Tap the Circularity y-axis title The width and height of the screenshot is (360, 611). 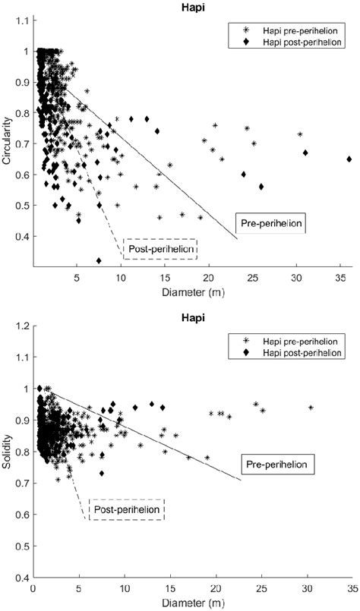click(8, 141)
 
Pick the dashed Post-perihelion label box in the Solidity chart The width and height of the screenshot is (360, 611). click(127, 509)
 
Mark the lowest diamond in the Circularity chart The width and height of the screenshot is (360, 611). click(99, 260)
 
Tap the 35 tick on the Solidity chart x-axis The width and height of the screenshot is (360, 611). click(352, 587)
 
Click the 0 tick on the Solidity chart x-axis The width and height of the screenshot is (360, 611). click(32, 587)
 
